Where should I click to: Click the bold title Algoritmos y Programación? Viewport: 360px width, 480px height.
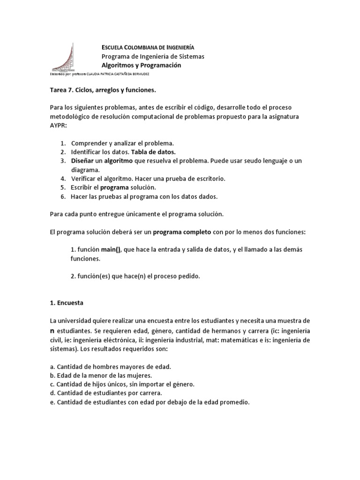[x=141, y=65]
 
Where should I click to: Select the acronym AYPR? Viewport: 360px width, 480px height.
[x=60, y=125]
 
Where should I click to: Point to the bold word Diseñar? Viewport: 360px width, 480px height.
[x=83, y=161]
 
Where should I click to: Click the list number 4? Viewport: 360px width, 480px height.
[x=62, y=179]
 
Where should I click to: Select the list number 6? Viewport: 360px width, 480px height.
[x=62, y=196]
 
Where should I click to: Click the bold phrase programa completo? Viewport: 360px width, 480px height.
[x=182, y=232]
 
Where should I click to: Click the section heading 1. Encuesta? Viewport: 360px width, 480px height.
[x=67, y=303]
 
